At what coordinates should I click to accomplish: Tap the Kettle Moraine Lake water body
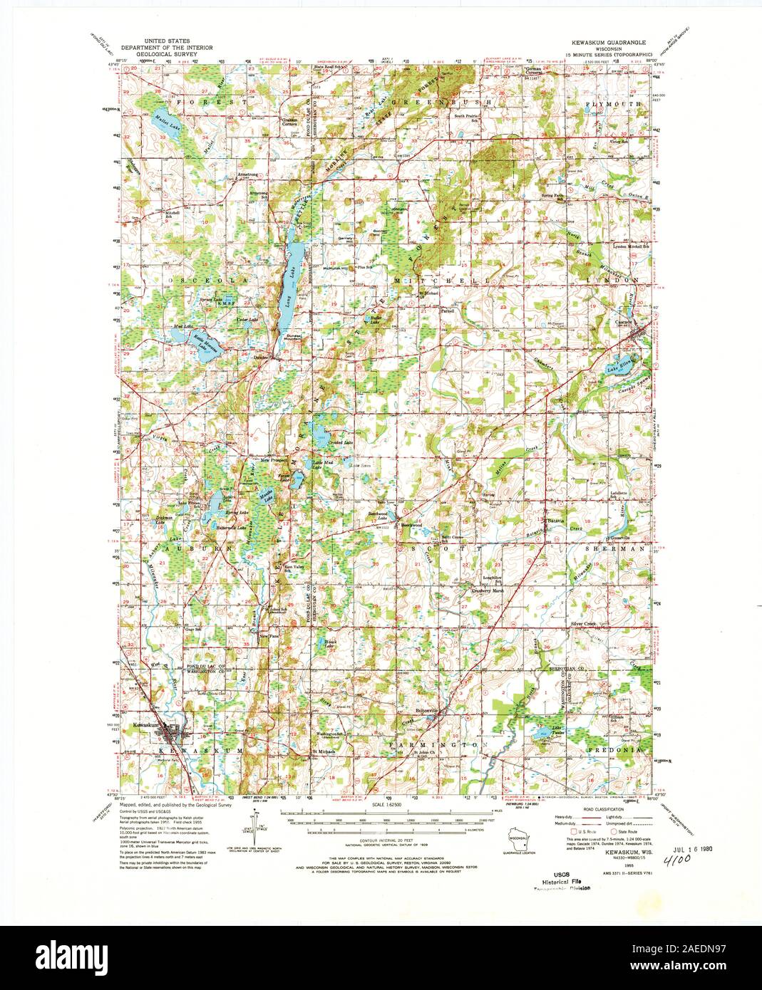pos(200,344)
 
